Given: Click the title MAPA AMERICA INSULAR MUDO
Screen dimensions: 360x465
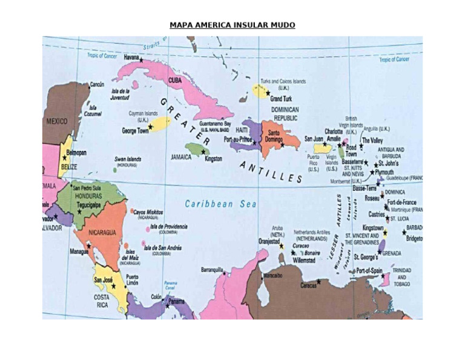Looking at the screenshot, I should coord(232,25).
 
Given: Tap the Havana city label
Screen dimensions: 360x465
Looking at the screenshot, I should coord(131,58).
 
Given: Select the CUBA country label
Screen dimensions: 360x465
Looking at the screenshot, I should coord(175,80).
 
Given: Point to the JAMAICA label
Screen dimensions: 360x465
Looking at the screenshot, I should coord(181,156).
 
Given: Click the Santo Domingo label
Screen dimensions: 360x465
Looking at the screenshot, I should coord(274,136).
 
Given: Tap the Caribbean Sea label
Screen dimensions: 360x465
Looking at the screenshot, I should coord(217,204).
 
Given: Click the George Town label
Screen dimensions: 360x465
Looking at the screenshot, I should coord(135,130).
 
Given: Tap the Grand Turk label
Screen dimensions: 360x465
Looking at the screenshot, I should coord(282,98).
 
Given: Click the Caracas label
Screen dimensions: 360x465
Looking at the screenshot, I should coord(308,285).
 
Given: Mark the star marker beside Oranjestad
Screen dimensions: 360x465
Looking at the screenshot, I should coord(281,246).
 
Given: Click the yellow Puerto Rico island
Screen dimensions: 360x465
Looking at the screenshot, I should coord(322,148).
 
